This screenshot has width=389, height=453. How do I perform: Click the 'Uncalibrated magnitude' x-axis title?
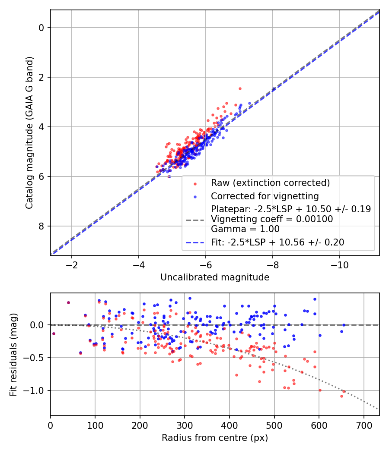(x=215, y=277)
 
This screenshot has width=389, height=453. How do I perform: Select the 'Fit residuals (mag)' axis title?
(x=14, y=354)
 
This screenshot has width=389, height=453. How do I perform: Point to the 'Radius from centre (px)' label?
(x=215, y=438)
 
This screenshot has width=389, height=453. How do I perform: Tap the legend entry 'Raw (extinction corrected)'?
(x=270, y=183)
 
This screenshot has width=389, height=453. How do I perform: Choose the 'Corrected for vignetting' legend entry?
(x=265, y=196)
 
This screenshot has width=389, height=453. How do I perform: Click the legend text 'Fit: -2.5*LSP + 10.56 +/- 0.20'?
(x=277, y=242)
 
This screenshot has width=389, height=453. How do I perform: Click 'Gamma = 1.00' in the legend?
(x=245, y=229)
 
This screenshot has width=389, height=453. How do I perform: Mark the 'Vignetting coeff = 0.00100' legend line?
(x=272, y=219)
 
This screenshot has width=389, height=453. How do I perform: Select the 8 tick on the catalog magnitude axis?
(x=42, y=226)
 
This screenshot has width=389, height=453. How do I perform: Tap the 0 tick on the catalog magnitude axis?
(x=42, y=28)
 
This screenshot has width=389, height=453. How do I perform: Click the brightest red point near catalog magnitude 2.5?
(x=240, y=88)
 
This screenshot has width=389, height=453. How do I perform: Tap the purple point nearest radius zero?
(x=54, y=333)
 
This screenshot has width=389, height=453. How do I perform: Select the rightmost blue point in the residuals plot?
(x=344, y=325)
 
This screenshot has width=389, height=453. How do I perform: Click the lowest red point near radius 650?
(x=341, y=396)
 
